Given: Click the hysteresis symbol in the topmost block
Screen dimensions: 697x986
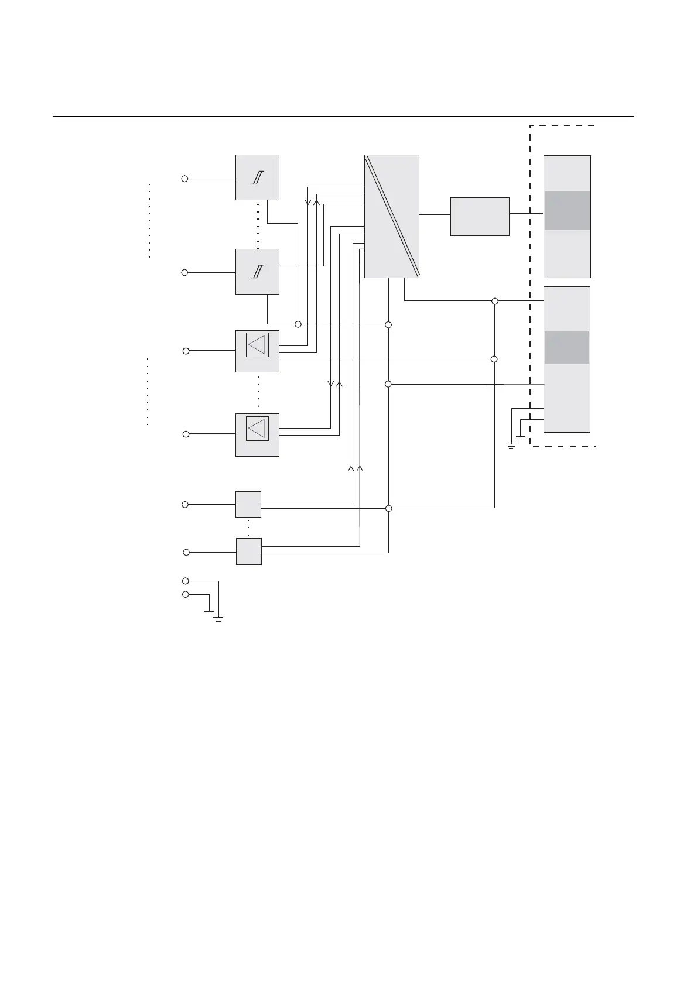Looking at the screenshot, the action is (x=257, y=178).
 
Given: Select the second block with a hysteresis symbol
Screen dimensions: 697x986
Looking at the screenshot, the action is (x=257, y=272).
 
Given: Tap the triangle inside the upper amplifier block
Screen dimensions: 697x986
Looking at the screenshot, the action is (x=257, y=344).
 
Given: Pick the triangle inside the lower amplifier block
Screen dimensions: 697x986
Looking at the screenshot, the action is (x=257, y=429).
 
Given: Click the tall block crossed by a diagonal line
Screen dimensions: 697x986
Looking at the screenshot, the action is (x=391, y=216).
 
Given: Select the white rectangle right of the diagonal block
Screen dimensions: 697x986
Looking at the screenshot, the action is (x=480, y=217).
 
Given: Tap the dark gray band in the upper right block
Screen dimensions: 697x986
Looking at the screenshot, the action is (x=567, y=211).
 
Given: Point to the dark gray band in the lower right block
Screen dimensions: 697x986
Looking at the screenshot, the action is (x=567, y=347).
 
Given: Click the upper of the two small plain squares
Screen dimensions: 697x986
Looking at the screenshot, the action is (x=248, y=504).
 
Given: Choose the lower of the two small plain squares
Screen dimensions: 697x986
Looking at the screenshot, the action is (x=249, y=552).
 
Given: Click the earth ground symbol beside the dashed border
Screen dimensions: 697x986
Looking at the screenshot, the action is (x=511, y=446).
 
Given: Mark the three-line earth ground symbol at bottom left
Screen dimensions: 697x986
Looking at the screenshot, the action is (x=218, y=618).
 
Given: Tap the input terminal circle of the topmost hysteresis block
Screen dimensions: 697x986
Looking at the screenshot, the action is (x=184, y=179).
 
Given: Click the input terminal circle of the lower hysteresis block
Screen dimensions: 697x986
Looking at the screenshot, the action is (x=184, y=272).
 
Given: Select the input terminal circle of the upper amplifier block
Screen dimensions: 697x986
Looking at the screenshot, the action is (x=186, y=351).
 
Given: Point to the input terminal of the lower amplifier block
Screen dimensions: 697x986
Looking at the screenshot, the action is (x=186, y=434).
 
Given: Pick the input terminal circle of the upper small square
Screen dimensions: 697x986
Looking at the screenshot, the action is (x=185, y=504).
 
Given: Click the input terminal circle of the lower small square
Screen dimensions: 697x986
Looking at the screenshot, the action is (x=186, y=552).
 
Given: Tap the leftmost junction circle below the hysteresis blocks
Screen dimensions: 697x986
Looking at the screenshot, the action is (x=298, y=324).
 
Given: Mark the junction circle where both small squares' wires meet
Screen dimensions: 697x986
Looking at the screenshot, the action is (x=388, y=508).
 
